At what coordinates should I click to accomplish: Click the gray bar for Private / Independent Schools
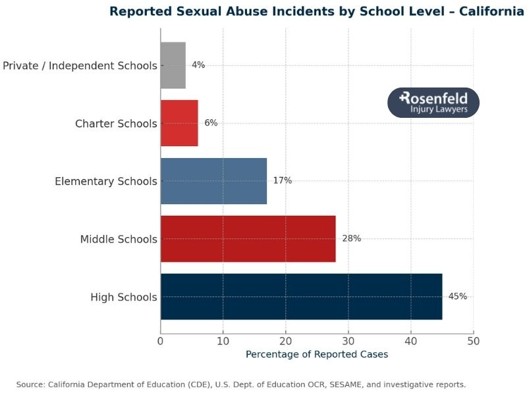click(x=173, y=65)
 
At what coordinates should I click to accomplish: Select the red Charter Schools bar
click(x=179, y=123)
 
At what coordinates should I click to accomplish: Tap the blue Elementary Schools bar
click(x=213, y=180)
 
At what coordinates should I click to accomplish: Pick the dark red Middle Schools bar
click(x=248, y=238)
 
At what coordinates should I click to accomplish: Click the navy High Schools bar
click(x=301, y=296)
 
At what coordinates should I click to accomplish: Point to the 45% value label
click(x=457, y=296)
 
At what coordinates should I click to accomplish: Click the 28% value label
click(x=351, y=238)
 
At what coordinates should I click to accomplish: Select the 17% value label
click(x=283, y=180)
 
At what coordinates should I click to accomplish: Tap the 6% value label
click(x=211, y=123)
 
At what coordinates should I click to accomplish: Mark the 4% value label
click(x=198, y=65)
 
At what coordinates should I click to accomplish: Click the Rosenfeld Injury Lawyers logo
click(x=433, y=103)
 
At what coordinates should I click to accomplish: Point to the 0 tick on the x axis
click(x=161, y=341)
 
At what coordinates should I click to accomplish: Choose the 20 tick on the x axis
click(x=285, y=341)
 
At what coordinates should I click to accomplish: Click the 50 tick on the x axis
click(x=473, y=341)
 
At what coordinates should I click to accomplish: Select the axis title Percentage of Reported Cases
click(x=317, y=354)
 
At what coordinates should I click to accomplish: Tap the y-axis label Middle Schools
click(x=119, y=239)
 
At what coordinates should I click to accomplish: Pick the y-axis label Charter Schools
click(x=116, y=124)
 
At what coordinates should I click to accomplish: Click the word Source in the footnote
click(x=31, y=384)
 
